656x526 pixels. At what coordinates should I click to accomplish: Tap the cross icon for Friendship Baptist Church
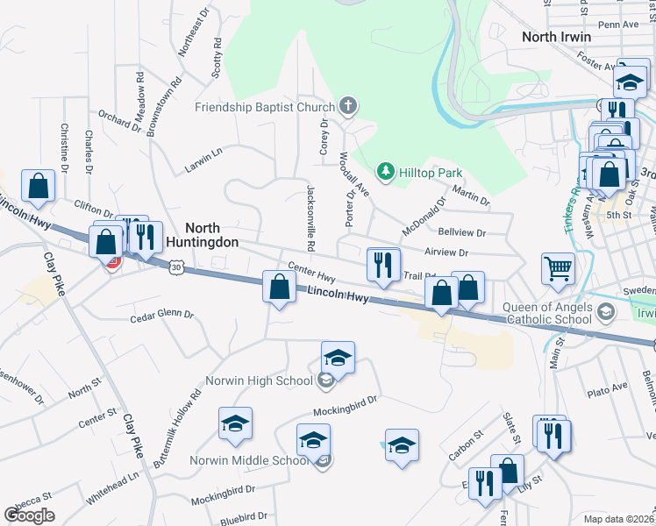348,108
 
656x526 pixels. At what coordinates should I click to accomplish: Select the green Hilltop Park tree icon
383,170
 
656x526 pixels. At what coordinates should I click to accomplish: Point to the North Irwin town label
556,37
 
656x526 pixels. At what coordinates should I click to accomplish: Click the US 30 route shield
177,265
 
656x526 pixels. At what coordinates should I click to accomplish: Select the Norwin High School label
259,380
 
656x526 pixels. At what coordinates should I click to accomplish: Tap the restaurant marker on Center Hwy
382,264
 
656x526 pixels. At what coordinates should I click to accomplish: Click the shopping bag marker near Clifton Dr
39,186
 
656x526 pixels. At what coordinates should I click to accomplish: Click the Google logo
29,515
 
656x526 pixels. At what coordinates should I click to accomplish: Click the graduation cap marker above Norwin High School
338,358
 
